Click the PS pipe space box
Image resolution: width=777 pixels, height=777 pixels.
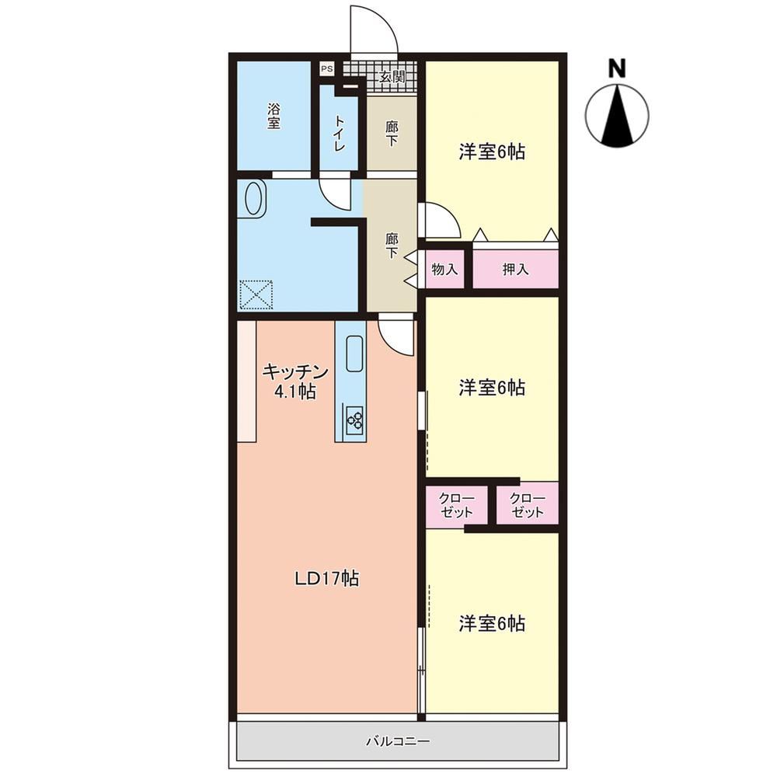[326, 69]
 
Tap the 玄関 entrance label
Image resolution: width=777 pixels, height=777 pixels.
[392, 76]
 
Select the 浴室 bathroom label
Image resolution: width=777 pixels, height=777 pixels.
[274, 116]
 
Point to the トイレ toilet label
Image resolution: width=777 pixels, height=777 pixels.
[340, 133]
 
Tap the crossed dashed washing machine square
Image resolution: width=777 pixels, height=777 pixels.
[256, 294]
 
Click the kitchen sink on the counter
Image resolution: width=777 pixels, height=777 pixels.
[355, 354]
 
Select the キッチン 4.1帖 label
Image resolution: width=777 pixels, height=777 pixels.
[295, 381]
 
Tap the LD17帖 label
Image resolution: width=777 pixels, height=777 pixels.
[326, 578]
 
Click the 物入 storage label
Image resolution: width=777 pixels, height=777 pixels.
[444, 269]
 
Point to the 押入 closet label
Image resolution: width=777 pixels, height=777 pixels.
[515, 269]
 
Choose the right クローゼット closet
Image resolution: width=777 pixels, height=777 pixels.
[528, 504]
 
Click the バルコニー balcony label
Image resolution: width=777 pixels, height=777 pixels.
[398, 741]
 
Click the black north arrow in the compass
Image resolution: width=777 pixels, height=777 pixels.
[617, 115]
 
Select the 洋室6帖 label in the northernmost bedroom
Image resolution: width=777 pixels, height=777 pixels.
[492, 152]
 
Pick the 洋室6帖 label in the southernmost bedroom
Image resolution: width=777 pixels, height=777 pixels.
[492, 623]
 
